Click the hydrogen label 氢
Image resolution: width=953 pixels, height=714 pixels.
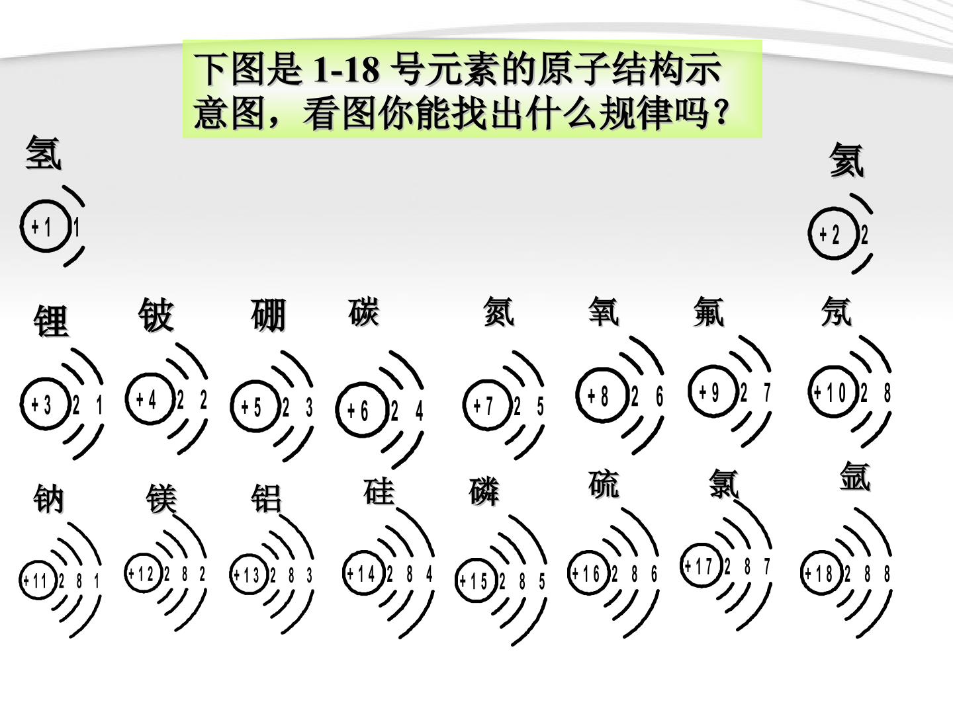pyautogui.click(x=44, y=153)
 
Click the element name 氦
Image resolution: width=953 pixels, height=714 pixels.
pyautogui.click(x=846, y=160)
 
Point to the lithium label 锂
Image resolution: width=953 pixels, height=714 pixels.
pyautogui.click(x=51, y=321)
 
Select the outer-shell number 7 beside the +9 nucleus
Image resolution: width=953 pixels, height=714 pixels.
pyautogui.click(x=767, y=393)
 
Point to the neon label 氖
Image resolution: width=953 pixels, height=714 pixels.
pyautogui.click(x=837, y=311)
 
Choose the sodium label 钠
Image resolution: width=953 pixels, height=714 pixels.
pyautogui.click(x=48, y=498)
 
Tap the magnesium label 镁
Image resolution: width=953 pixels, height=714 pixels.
pyautogui.click(x=161, y=498)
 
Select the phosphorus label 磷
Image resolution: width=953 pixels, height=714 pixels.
pyautogui.click(x=484, y=491)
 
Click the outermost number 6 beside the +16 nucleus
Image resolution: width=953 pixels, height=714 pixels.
pyautogui.click(x=655, y=574)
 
